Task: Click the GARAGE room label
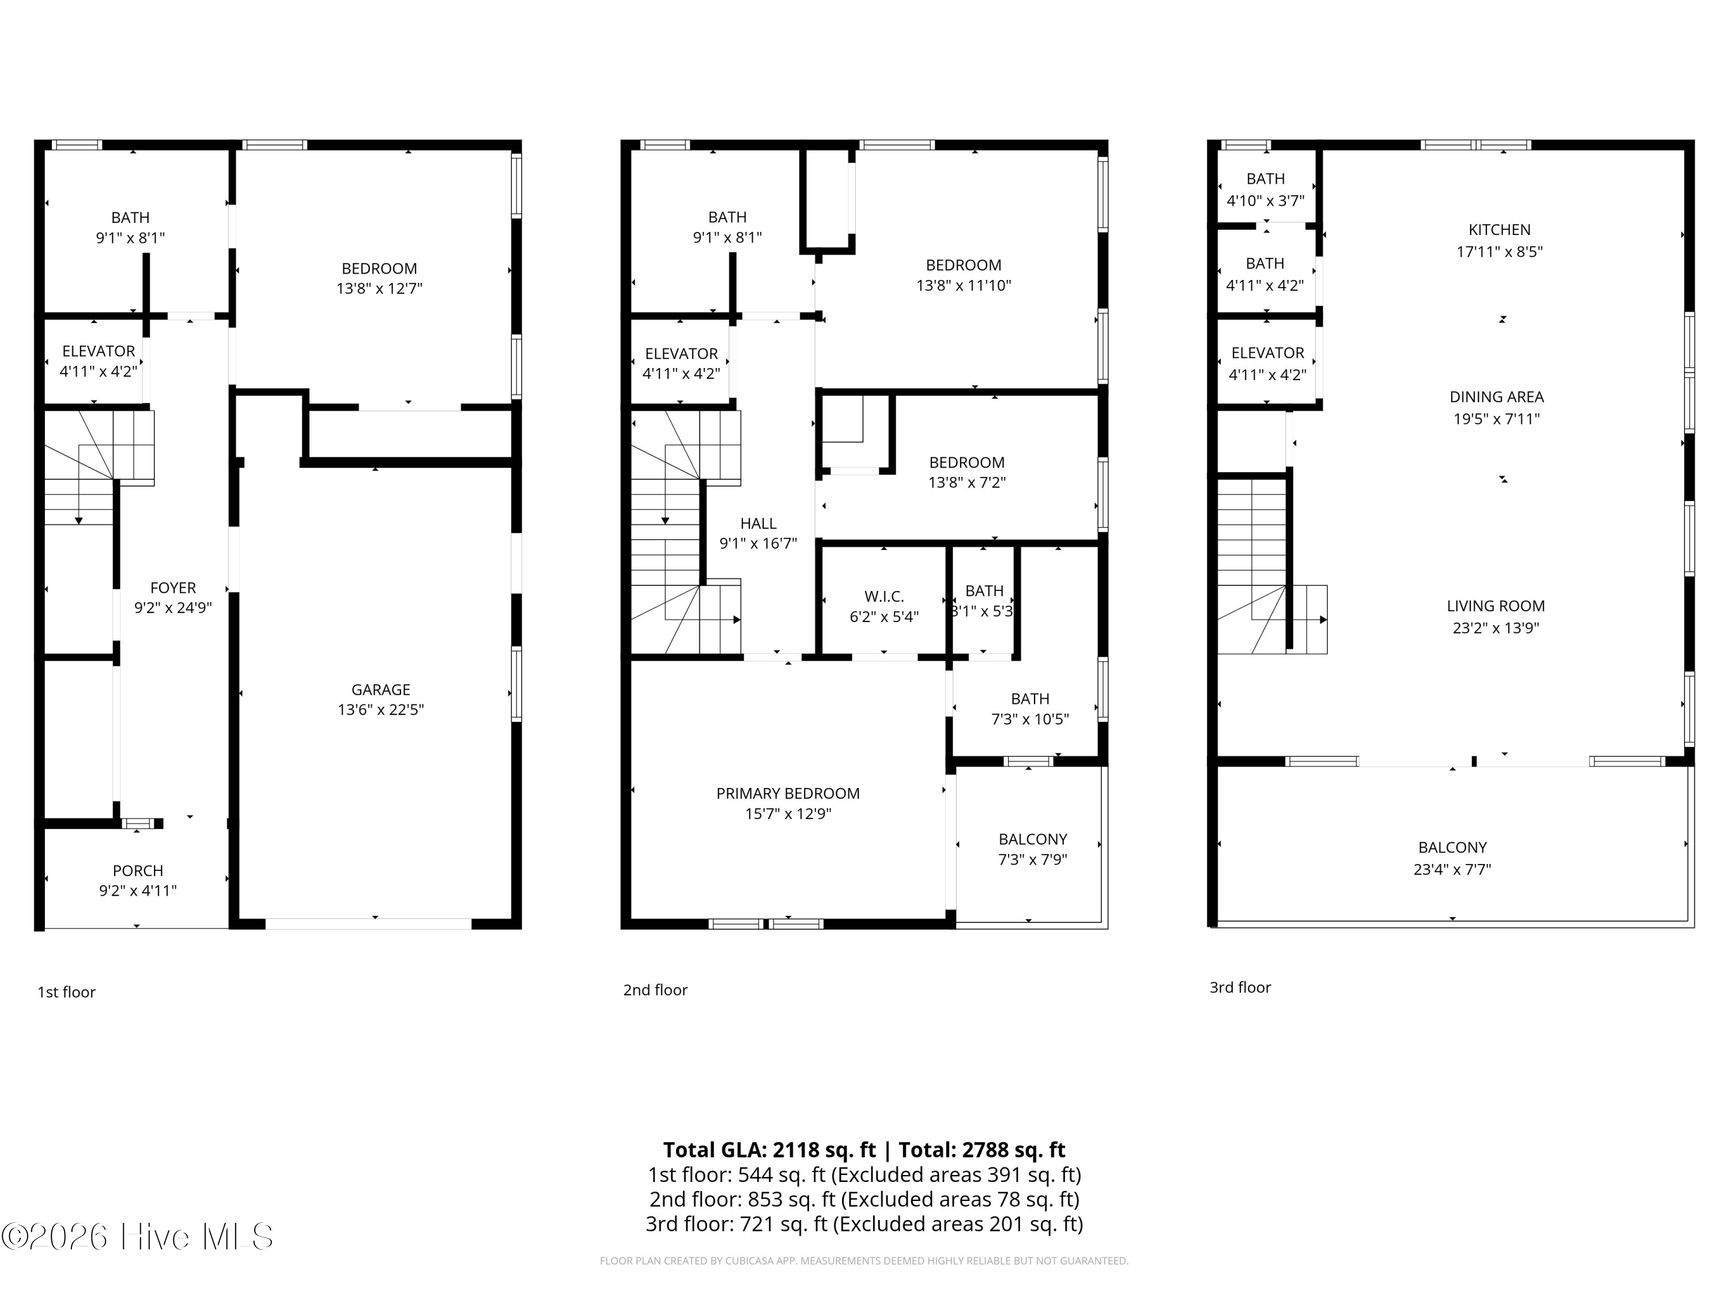[380, 690]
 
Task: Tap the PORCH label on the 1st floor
[138, 870]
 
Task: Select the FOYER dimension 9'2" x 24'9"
[173, 608]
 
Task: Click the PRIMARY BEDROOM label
[788, 794]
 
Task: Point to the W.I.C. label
[884, 597]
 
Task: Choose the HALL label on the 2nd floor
[758, 524]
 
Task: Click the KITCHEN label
[1499, 230]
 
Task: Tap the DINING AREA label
[1496, 397]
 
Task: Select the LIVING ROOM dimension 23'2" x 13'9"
[1495, 627]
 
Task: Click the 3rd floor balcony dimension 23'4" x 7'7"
[1452, 869]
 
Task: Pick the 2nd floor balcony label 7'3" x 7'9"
[1033, 859]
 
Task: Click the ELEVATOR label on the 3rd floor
[1267, 353]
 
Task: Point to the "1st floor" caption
[66, 992]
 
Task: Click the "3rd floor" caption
[1240, 987]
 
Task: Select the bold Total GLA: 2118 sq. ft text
[769, 1150]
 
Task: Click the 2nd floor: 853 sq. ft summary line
[864, 1199]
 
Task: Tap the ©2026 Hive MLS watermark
[138, 1237]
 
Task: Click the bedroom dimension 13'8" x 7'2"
[967, 483]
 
